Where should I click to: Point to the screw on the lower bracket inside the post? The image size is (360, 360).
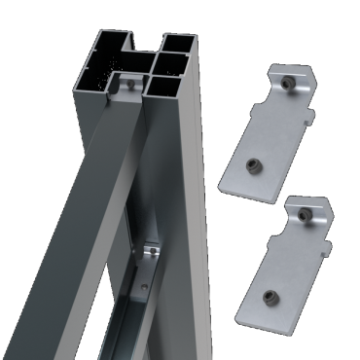click(151, 255)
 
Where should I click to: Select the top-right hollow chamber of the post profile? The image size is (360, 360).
click(177, 47)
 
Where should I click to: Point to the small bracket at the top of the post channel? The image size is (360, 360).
click(126, 82)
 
